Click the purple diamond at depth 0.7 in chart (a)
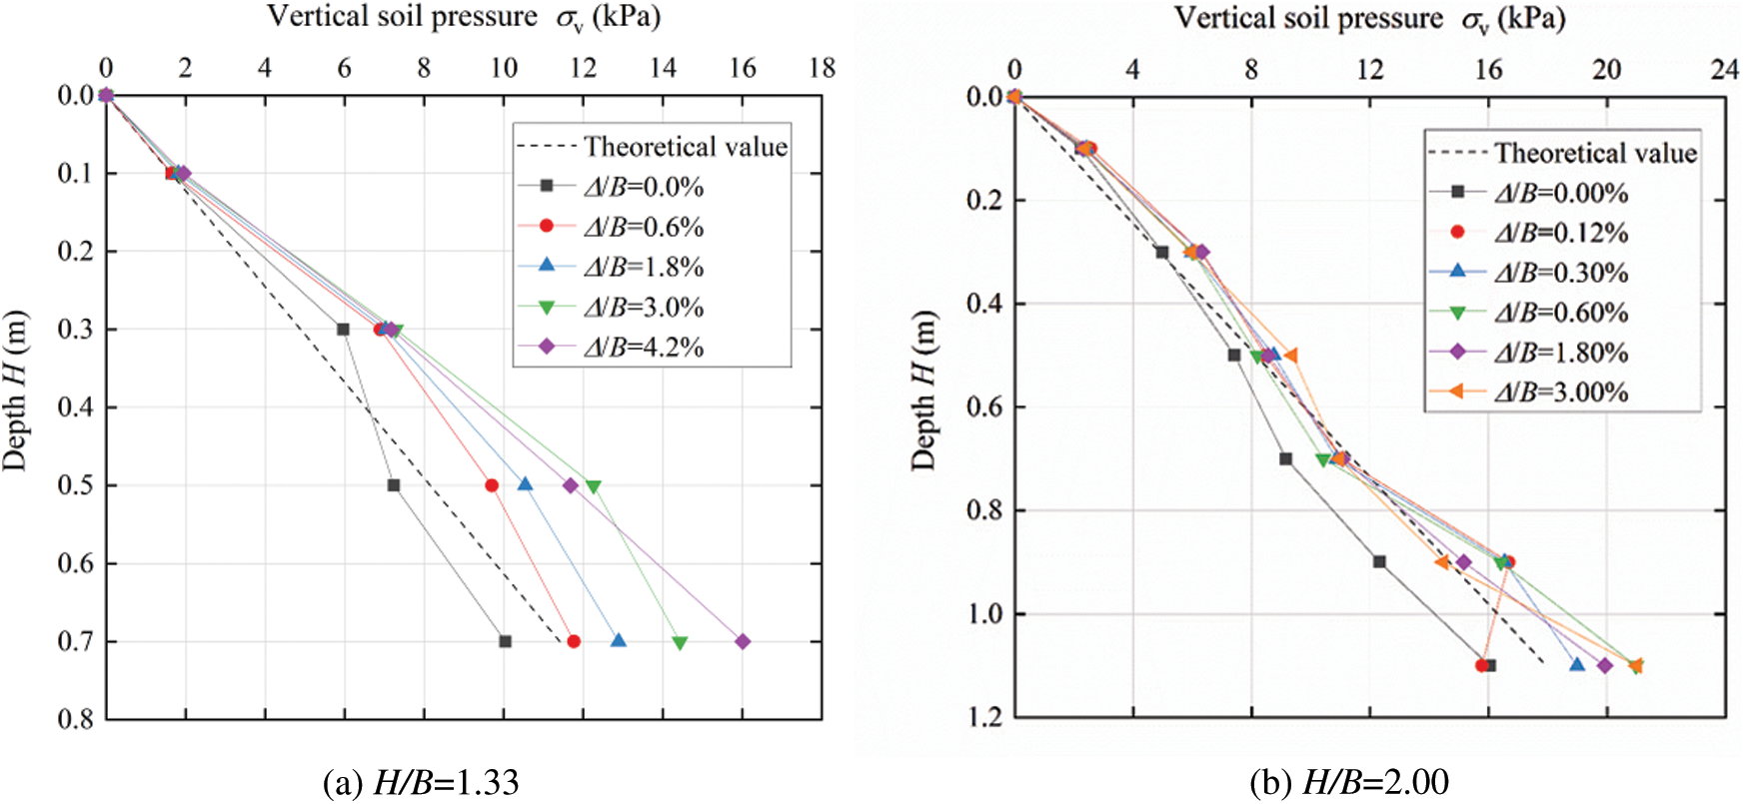[743, 641]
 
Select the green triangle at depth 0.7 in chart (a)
[680, 642]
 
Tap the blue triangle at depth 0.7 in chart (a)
[619, 640]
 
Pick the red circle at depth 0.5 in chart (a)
[492, 485]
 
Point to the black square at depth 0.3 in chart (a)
[344, 329]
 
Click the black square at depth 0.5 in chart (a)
[394, 485]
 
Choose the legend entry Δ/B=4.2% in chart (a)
[644, 347]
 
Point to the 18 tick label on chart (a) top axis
[822, 67]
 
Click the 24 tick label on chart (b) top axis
[1725, 69]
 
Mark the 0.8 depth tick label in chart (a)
[75, 719]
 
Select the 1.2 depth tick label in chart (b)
[984, 717]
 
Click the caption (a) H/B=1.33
[421, 782]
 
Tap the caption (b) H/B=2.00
[1349, 782]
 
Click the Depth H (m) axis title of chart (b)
[924, 390]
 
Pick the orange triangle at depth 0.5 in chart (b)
[1290, 355]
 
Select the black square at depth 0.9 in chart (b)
[1379, 562]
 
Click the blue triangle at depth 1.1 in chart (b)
[1577, 664]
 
